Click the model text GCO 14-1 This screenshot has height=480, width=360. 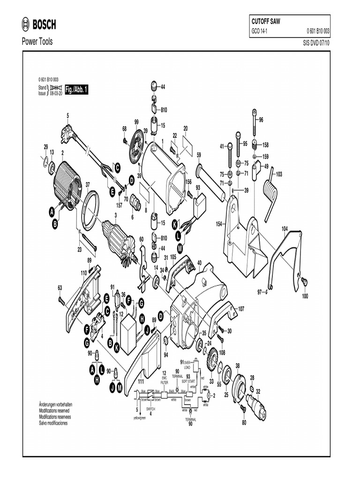(261, 32)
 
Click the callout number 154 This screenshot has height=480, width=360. (219, 225)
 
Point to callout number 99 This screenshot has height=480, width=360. (136, 122)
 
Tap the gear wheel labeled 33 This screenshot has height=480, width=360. (211, 362)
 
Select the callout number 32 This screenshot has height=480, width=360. (258, 391)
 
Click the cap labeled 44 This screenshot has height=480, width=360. (154, 87)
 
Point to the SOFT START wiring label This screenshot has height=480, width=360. (188, 381)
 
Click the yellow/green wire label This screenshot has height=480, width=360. (140, 417)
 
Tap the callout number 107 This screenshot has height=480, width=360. (241, 309)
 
